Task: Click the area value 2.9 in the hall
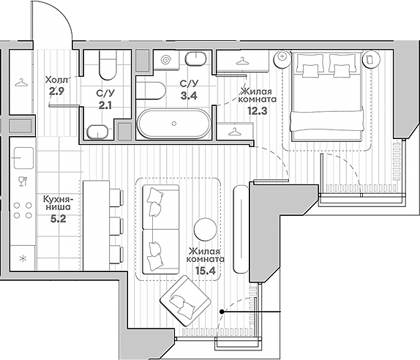click(x=56, y=92)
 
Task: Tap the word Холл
click(x=56, y=80)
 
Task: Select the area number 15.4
click(x=206, y=271)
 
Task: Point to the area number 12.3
click(x=257, y=110)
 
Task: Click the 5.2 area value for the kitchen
click(x=58, y=219)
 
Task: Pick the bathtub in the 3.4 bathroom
click(x=174, y=124)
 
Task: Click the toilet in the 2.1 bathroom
click(x=108, y=65)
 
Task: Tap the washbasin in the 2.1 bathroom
click(x=97, y=132)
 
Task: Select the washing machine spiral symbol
click(x=166, y=60)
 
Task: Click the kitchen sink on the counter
click(x=23, y=158)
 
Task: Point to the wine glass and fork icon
click(x=23, y=181)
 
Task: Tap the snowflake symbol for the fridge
click(x=23, y=258)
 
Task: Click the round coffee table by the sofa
click(x=205, y=229)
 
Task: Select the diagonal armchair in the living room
click(x=185, y=301)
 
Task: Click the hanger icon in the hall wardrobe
click(x=21, y=83)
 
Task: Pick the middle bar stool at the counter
click(x=116, y=227)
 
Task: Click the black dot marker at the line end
click(x=222, y=312)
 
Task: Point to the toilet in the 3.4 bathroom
click(x=151, y=91)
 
